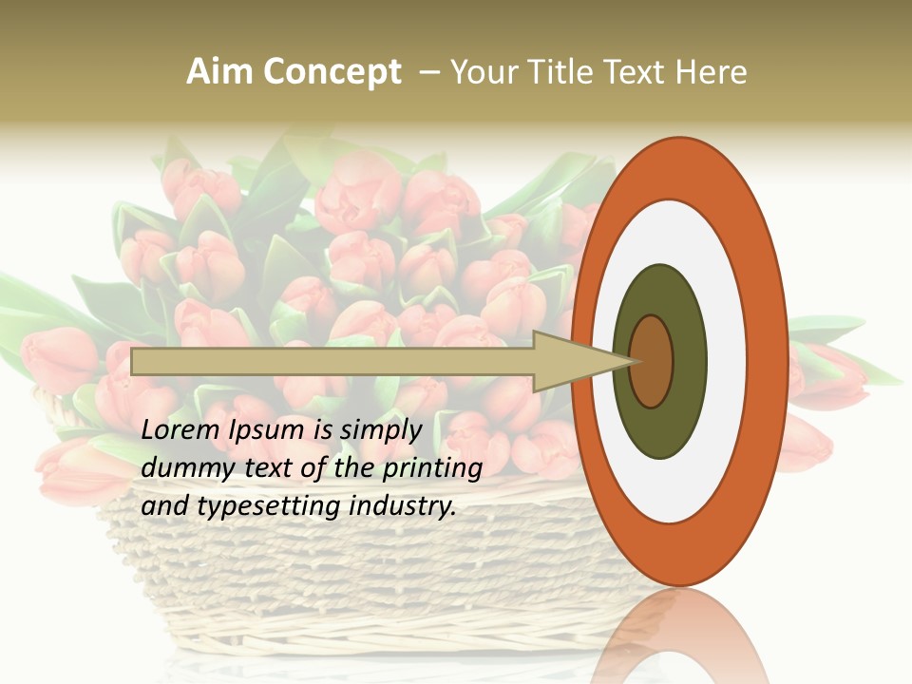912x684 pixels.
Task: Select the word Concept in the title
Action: pyautogui.click(x=332, y=72)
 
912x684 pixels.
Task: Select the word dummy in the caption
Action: pyautogui.click(x=184, y=468)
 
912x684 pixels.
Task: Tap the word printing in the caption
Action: pyautogui.click(x=435, y=469)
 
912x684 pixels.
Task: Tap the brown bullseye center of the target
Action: pyautogui.click(x=651, y=361)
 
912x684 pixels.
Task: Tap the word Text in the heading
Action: pyautogui.click(x=637, y=72)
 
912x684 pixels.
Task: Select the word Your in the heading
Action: pyautogui.click(x=483, y=72)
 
